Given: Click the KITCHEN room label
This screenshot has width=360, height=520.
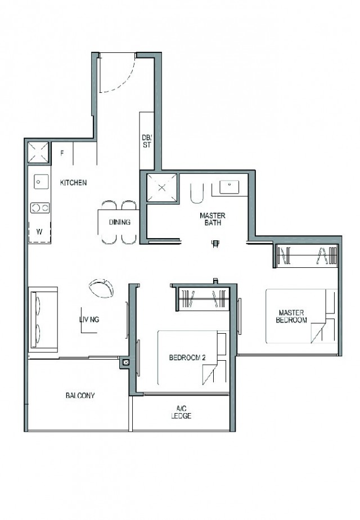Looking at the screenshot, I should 74,182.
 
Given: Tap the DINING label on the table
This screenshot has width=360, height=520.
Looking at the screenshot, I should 120,222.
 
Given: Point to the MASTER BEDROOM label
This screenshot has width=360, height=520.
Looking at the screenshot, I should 291,316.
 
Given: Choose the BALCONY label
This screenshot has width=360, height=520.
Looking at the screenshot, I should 79,396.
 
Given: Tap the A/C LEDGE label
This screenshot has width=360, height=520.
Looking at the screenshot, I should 181,413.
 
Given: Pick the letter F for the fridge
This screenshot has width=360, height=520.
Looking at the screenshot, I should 62,153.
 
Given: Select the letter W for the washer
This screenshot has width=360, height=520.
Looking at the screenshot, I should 39,231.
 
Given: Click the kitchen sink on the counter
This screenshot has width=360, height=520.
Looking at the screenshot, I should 39,182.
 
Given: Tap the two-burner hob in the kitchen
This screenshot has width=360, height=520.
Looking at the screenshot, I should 39,208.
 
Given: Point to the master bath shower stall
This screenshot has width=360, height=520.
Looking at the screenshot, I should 161,189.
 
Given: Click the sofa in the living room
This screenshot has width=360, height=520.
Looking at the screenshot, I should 43,319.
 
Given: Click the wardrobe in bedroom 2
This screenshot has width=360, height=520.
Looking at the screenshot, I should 202,297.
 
